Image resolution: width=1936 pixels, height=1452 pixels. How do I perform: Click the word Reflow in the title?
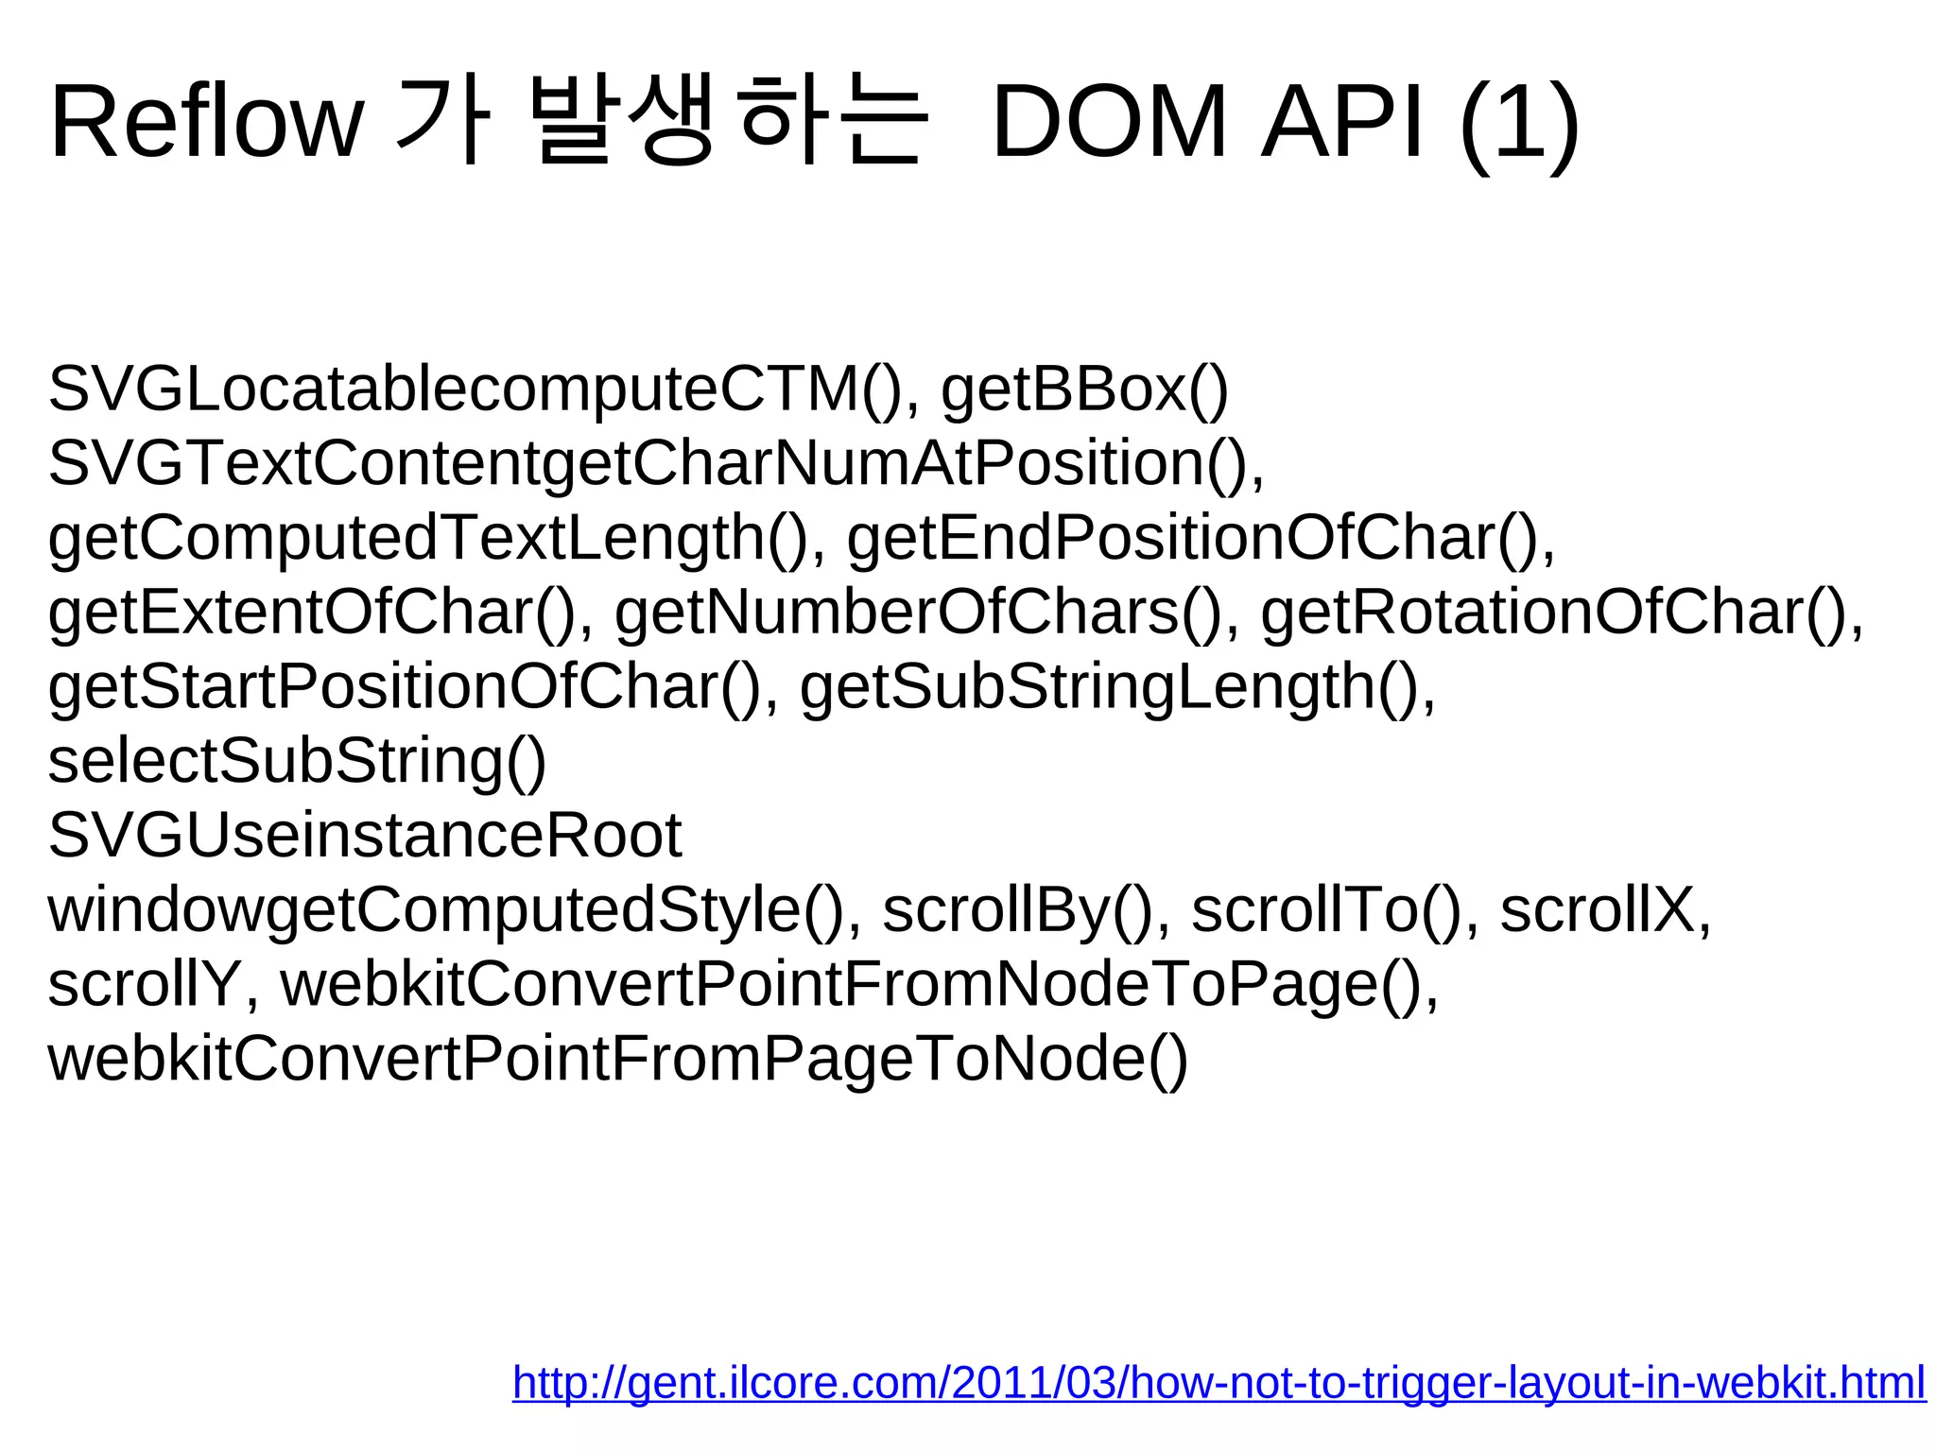pyautogui.click(x=206, y=123)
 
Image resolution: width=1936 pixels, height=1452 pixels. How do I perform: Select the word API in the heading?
pyautogui.click(x=1342, y=123)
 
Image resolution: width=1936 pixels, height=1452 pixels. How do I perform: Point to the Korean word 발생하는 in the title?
pyautogui.click(x=728, y=123)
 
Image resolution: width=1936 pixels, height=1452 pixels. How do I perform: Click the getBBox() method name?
pyautogui.click(x=1084, y=389)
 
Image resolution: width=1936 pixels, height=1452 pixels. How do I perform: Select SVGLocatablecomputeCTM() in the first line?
pyautogui.click(x=473, y=389)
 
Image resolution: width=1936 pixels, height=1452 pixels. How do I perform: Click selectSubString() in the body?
pyautogui.click(x=297, y=761)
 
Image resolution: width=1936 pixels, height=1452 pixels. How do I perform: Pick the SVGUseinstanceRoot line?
pyautogui.click(x=365, y=836)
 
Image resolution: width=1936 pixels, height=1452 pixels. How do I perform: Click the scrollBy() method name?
pyautogui.click(x=1017, y=910)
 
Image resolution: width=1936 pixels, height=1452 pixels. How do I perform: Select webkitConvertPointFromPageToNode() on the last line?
pyautogui.click(x=617, y=1059)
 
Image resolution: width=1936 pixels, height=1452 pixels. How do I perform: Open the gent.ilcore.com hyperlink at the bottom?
pyautogui.click(x=1219, y=1383)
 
